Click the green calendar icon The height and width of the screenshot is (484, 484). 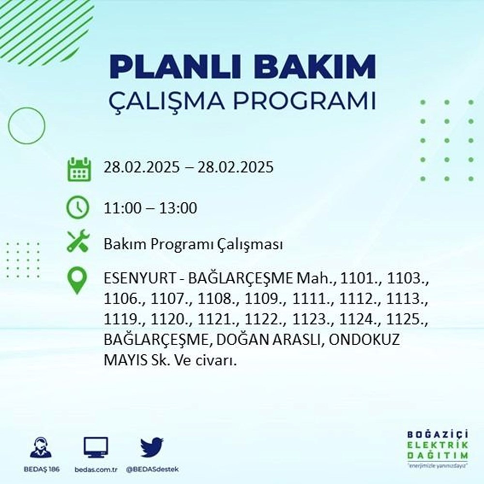click(78, 169)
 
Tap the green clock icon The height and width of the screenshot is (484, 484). click(78, 208)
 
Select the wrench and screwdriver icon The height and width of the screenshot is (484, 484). click(78, 241)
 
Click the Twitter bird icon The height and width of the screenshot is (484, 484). click(151, 447)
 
